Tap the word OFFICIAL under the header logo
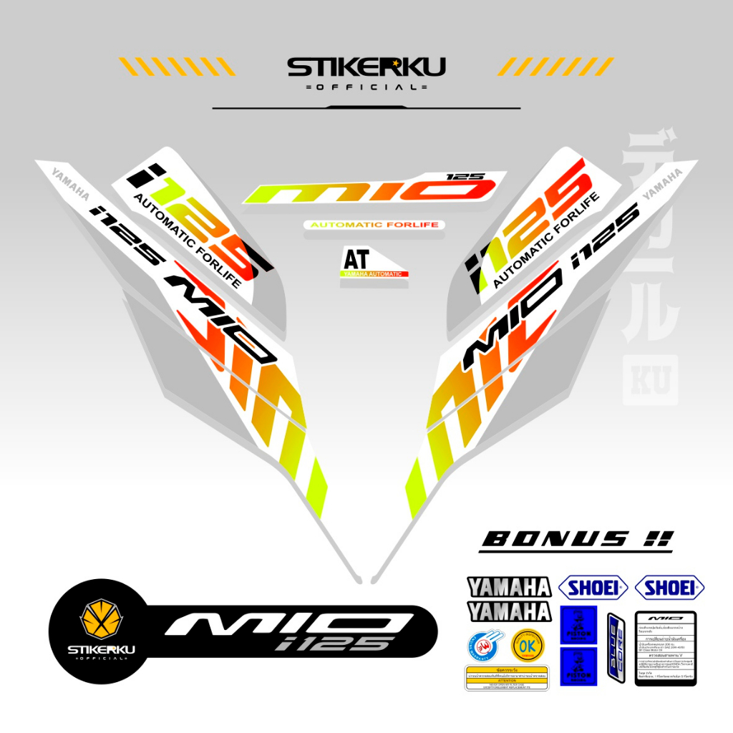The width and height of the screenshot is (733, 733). point(366,87)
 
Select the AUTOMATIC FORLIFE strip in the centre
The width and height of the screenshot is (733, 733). point(374,225)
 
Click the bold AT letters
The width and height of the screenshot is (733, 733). point(356,258)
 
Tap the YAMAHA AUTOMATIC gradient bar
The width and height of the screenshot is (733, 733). point(374,274)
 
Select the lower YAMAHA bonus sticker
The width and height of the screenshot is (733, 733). point(509,611)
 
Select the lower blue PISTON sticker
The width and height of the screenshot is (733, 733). point(578,666)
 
